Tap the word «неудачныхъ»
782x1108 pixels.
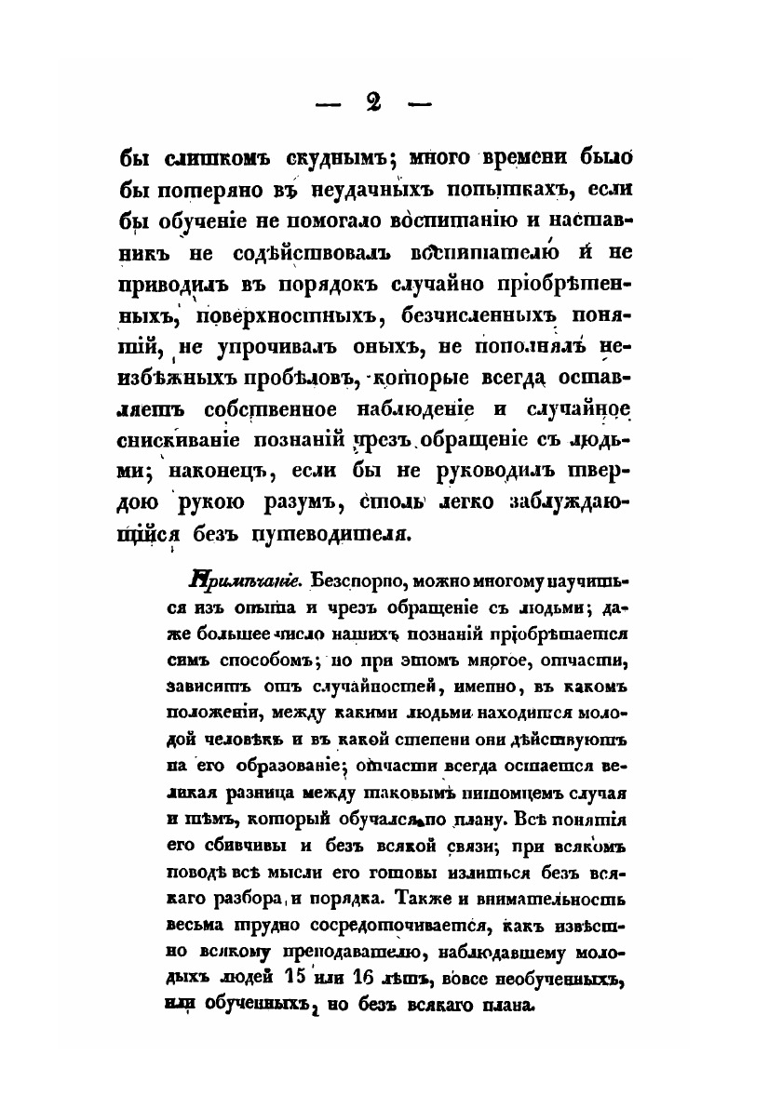(x=371, y=190)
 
